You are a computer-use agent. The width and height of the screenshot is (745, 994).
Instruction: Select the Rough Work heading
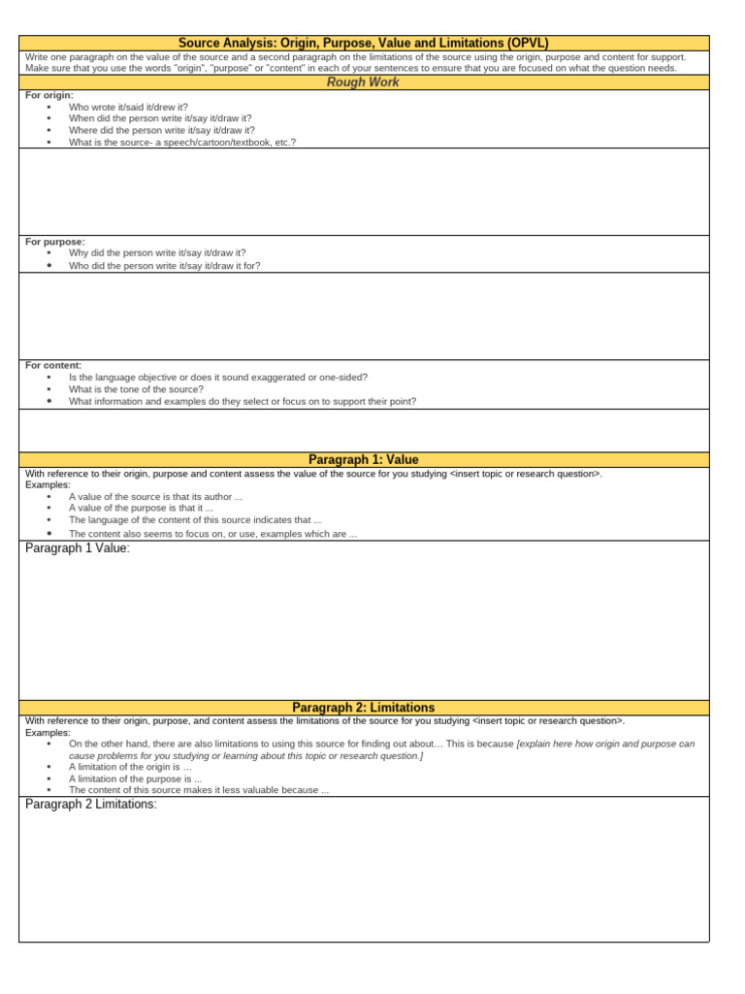click(364, 83)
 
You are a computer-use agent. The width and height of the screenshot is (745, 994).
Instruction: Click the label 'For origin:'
click(49, 95)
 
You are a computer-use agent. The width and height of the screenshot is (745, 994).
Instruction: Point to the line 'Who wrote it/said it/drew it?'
click(128, 107)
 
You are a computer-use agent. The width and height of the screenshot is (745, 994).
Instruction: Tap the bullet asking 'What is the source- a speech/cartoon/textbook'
click(182, 142)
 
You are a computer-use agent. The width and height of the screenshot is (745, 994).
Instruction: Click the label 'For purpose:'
click(55, 241)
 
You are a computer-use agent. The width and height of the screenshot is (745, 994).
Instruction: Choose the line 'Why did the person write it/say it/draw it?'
click(157, 252)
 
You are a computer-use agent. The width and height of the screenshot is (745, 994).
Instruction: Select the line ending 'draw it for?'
click(164, 265)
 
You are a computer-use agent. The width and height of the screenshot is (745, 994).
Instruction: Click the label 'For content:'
click(53, 365)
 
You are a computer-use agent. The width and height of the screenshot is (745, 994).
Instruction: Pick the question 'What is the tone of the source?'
click(136, 389)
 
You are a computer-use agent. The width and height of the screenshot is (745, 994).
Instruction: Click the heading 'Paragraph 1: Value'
click(364, 459)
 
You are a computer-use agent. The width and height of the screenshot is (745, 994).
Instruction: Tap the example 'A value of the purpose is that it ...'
click(141, 508)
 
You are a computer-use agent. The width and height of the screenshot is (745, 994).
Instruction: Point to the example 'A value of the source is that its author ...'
click(155, 496)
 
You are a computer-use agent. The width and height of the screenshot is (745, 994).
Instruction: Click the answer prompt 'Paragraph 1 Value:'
click(78, 548)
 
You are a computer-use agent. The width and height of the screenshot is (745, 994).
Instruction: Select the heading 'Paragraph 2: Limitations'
click(364, 708)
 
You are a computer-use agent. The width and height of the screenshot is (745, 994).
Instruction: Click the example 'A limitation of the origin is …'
click(130, 767)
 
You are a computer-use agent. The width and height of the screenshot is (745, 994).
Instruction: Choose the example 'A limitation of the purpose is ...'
click(135, 779)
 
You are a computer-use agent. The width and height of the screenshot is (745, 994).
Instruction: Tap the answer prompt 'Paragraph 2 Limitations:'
click(91, 805)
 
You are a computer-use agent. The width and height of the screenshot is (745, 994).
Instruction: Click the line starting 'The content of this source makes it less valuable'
click(199, 790)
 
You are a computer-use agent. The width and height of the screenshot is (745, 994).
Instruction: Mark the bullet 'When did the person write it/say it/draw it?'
click(160, 118)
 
